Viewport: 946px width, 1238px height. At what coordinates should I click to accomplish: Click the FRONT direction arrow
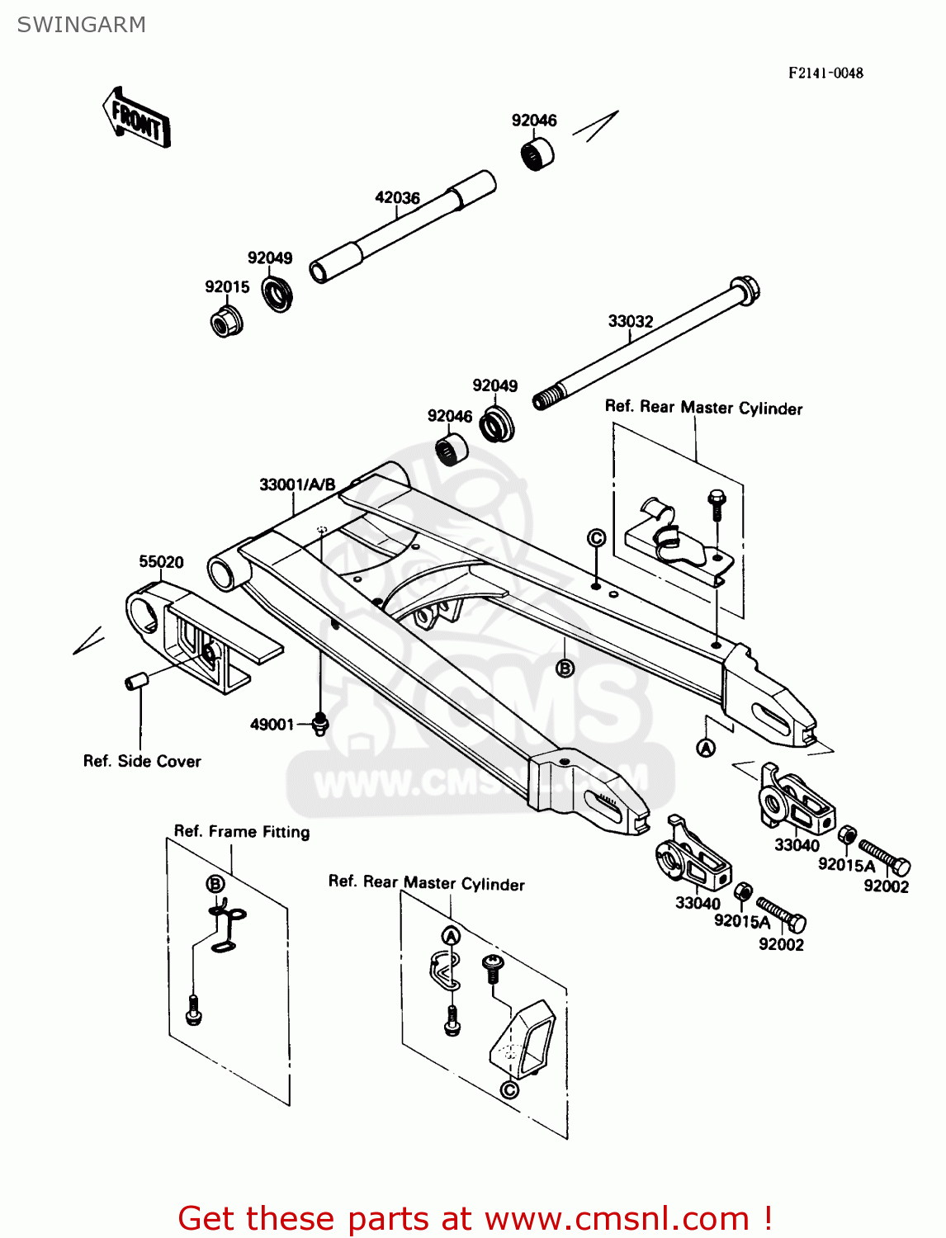coord(136,118)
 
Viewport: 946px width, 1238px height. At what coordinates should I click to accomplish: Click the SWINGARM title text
coord(81,25)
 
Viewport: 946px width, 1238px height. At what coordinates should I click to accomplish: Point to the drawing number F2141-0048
coord(825,73)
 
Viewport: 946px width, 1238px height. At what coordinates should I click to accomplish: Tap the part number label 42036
coord(397,197)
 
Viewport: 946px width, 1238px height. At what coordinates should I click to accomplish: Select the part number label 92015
coord(227,286)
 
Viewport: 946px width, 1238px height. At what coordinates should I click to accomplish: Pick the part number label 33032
coord(630,321)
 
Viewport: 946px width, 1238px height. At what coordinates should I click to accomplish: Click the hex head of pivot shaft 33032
coord(745,291)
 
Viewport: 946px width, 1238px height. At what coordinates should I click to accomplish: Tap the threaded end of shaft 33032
coord(546,399)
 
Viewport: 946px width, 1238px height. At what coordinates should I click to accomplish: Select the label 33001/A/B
coord(297,484)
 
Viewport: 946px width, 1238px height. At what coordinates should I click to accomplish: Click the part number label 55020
coord(161,562)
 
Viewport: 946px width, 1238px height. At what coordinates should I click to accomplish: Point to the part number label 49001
coord(272,725)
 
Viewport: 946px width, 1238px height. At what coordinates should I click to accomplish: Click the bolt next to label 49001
coord(320,724)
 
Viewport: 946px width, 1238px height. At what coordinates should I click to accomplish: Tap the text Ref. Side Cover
coord(142,761)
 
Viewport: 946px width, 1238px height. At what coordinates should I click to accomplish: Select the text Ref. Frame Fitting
coord(242,831)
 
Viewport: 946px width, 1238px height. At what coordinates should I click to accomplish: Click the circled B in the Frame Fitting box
coord(215,884)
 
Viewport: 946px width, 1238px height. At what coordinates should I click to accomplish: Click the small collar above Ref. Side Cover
coord(135,681)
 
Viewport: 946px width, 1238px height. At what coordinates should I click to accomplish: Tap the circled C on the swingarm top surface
coord(596,538)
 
